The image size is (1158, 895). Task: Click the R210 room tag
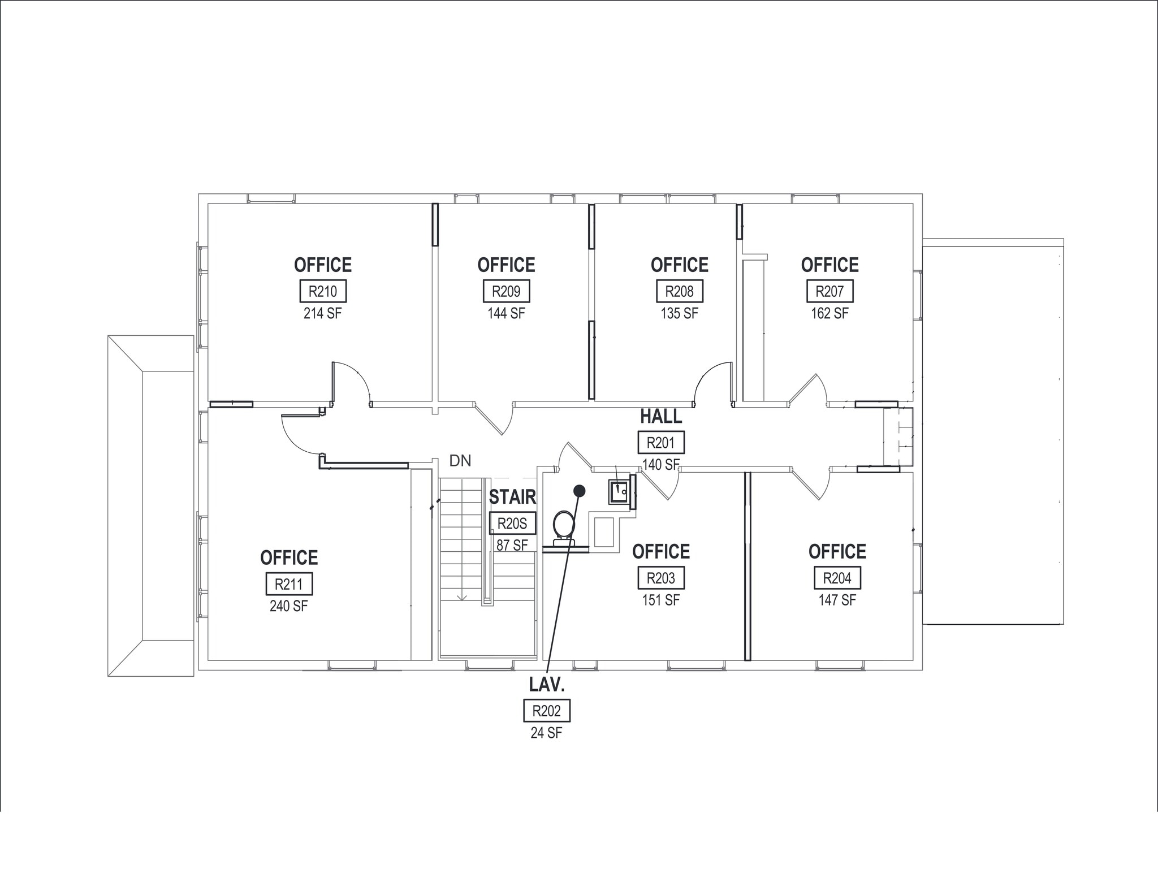tap(322, 291)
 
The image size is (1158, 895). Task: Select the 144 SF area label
tap(506, 313)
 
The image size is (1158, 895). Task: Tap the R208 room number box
tap(679, 291)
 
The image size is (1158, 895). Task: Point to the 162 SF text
tap(829, 313)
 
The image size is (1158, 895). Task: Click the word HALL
tap(661, 417)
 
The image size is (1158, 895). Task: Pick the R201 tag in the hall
tap(661, 442)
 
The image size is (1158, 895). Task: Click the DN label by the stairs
tap(460, 461)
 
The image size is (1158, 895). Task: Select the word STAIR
tap(512, 497)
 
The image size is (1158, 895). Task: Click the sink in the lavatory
tap(619, 491)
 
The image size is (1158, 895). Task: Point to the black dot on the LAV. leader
tap(579, 491)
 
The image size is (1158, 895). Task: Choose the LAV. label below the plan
tap(547, 685)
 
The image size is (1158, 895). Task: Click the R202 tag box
tap(546, 711)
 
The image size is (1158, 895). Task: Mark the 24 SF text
tap(546, 733)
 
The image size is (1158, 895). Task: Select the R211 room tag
tap(289, 584)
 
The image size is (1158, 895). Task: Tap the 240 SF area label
tap(289, 606)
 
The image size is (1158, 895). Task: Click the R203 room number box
tap(661, 578)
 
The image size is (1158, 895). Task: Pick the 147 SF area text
tap(837, 600)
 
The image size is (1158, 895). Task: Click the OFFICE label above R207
tap(829, 265)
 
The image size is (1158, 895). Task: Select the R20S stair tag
tap(512, 524)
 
